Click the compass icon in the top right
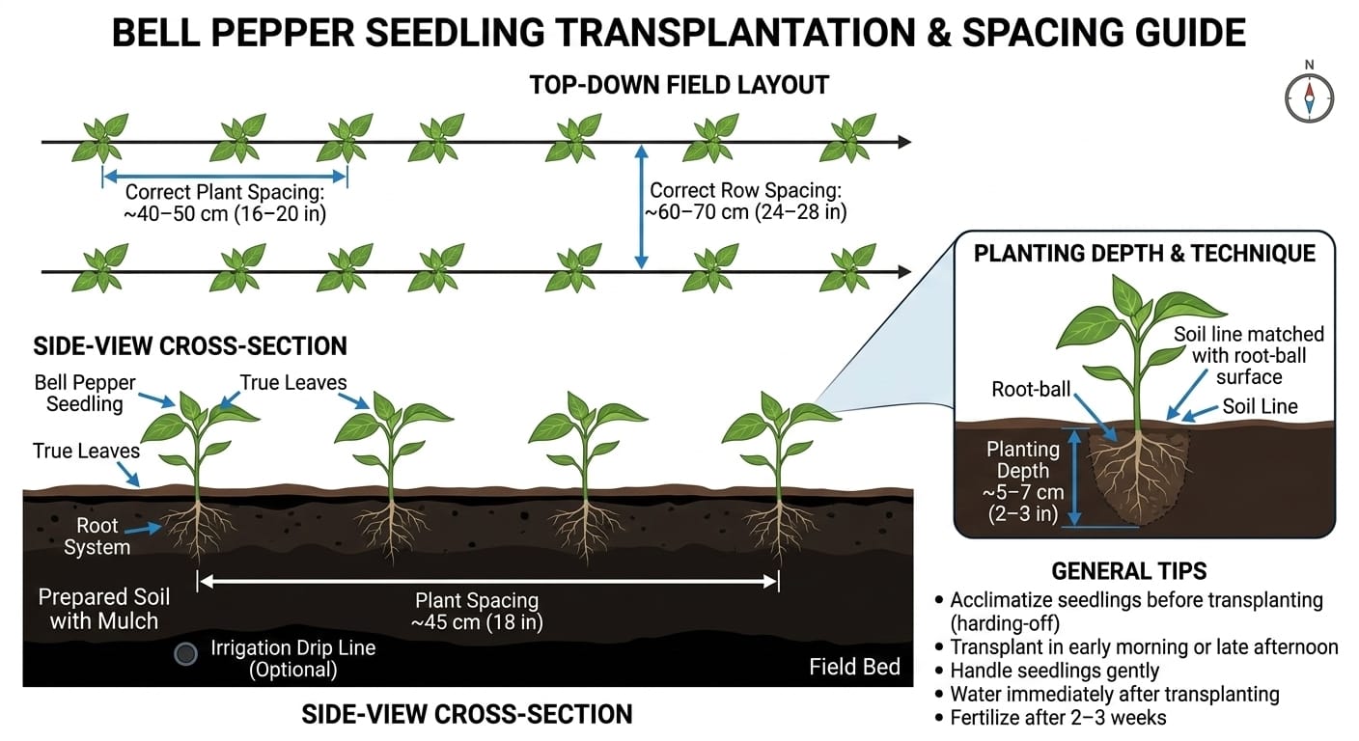tap(1309, 97)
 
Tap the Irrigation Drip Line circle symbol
tap(185, 653)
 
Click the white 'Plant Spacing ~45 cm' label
tap(477, 611)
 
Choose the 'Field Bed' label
tap(854, 667)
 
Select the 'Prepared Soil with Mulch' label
tap(103, 609)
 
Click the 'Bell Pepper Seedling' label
tap(85, 393)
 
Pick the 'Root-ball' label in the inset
tap(1031, 390)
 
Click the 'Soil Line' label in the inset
tap(1260, 406)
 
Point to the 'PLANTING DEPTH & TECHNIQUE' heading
tap(1144, 254)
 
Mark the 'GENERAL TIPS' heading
tap(1129, 571)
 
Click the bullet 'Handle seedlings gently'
tap(1054, 671)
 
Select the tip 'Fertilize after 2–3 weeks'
tap(1058, 717)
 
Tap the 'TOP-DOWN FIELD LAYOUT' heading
tap(679, 85)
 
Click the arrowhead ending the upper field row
tap(903, 142)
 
